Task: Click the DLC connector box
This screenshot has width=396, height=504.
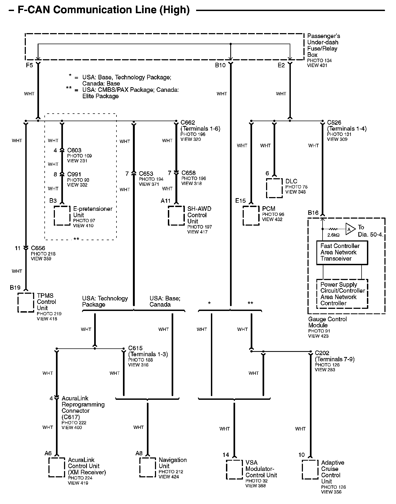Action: [274, 188]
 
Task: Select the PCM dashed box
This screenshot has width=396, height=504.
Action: [251, 215]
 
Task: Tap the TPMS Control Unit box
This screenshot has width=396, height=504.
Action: [26, 302]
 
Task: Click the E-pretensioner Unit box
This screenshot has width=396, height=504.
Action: [62, 215]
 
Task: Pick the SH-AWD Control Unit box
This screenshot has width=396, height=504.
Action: [176, 215]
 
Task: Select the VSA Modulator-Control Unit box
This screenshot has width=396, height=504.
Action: [234, 470]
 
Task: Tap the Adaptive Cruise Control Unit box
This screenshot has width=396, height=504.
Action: [310, 470]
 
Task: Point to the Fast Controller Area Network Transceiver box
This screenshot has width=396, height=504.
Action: [342, 253]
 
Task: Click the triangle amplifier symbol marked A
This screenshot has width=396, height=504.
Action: [350, 229]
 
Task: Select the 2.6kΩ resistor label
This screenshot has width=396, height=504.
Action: [333, 235]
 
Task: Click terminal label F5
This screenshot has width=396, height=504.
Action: [29, 65]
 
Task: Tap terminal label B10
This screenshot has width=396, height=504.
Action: [220, 65]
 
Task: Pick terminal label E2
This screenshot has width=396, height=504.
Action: [281, 65]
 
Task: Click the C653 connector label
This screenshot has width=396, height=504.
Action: [146, 174]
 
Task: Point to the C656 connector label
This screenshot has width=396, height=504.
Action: [38, 248]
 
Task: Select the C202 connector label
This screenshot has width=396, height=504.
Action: [322, 353]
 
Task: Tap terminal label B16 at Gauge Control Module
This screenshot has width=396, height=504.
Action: [313, 213]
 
